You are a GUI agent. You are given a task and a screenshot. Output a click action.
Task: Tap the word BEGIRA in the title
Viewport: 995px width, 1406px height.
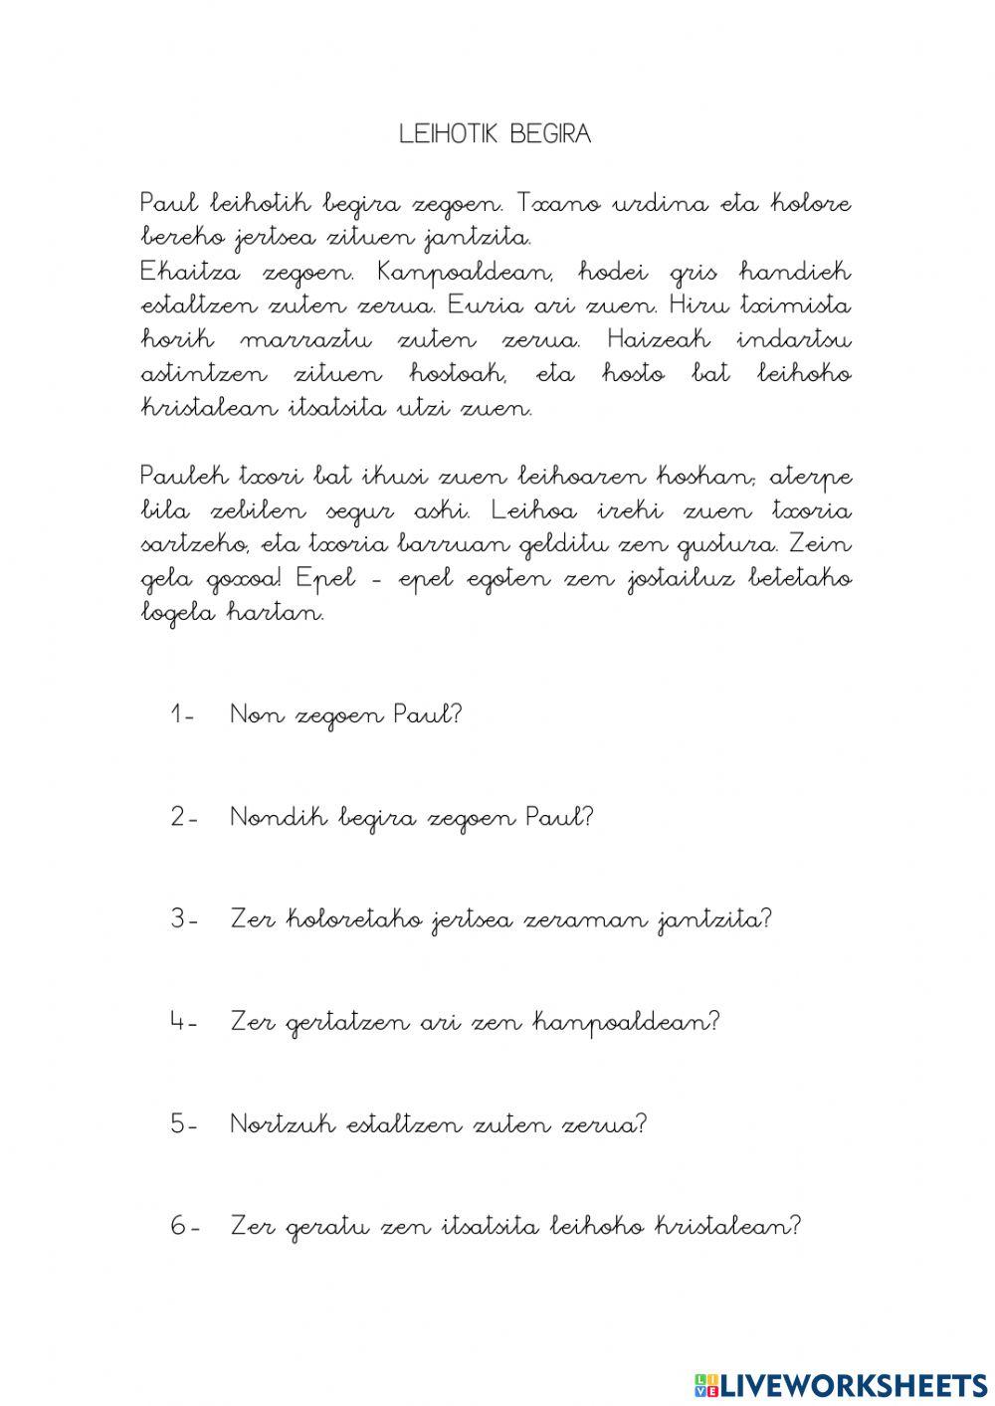pyautogui.click(x=549, y=134)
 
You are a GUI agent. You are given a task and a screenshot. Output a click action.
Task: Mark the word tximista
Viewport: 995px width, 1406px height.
pyautogui.click(x=803, y=306)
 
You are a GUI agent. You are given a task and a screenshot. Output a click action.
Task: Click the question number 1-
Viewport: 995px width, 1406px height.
pyautogui.click(x=183, y=714)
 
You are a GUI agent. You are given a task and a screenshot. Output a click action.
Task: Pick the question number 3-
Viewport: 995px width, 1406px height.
pyautogui.click(x=184, y=919)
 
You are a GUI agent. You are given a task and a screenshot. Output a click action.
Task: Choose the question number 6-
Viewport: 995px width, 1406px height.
pyautogui.click(x=184, y=1227)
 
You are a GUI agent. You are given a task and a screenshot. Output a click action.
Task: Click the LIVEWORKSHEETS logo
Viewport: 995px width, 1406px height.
pyautogui.click(x=841, y=1384)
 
